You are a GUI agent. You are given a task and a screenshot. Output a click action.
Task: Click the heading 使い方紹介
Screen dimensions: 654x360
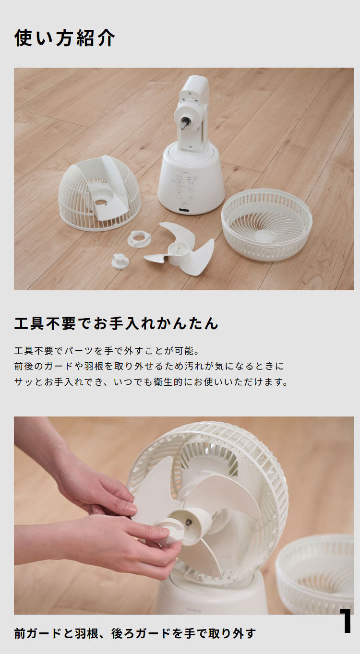(x=64, y=38)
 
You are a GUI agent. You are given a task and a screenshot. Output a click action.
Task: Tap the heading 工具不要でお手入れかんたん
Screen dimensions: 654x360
(x=116, y=323)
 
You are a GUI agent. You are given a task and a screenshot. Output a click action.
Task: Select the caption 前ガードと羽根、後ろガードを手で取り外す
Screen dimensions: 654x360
(x=135, y=633)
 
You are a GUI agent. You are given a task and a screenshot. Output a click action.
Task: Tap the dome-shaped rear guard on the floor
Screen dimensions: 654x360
(x=99, y=193)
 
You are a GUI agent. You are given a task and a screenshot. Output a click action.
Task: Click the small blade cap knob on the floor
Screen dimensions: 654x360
(x=120, y=261)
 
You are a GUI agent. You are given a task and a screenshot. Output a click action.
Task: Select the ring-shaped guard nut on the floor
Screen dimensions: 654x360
(x=139, y=238)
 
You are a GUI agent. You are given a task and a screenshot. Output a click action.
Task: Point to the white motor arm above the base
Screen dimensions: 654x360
(x=193, y=113)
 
